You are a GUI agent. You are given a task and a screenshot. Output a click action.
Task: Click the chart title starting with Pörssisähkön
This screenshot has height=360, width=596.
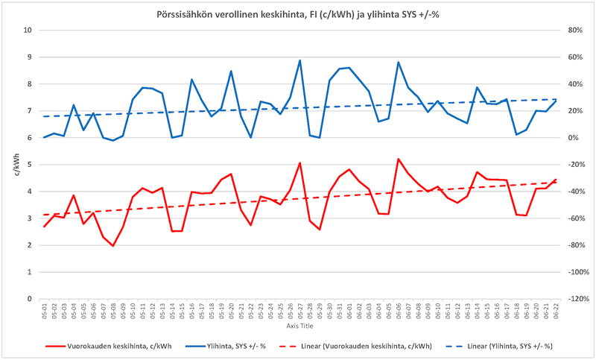point(298,13)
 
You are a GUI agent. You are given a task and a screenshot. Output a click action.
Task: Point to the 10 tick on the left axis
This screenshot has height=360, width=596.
point(28,31)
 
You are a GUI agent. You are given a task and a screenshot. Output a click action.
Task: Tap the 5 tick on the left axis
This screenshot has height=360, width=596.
point(30,165)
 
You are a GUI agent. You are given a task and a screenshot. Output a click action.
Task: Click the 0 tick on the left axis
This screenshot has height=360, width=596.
point(30,299)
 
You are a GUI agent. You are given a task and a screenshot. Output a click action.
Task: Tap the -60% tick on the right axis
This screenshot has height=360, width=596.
point(574,218)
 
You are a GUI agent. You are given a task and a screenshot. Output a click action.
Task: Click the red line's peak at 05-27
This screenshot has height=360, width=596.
point(299,162)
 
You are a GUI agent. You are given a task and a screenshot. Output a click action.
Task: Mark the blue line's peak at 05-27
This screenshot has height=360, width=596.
point(299,60)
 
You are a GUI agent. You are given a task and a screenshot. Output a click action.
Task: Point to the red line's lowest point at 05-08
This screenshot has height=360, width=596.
point(113,246)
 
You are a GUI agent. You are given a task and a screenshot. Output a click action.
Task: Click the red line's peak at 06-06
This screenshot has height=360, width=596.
point(399,159)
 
